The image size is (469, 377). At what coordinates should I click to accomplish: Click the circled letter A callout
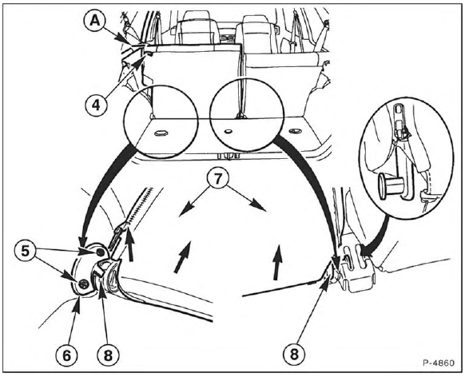[x=95, y=22]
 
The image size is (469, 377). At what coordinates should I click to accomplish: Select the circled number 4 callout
[x=96, y=105]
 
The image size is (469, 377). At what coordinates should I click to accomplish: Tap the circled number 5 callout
[x=25, y=251]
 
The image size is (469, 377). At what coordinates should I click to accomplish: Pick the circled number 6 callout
[x=66, y=355]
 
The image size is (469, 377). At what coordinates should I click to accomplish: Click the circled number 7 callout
[x=217, y=179]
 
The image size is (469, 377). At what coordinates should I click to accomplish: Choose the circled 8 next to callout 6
[x=108, y=355]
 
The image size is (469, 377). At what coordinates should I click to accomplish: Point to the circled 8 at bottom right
[x=294, y=355]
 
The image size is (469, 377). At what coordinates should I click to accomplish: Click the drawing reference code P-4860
[x=439, y=363]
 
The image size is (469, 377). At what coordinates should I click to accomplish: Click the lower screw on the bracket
[x=83, y=284]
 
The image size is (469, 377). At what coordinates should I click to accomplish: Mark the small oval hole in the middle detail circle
[x=229, y=131]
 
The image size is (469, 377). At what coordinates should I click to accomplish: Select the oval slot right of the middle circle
[x=295, y=130]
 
